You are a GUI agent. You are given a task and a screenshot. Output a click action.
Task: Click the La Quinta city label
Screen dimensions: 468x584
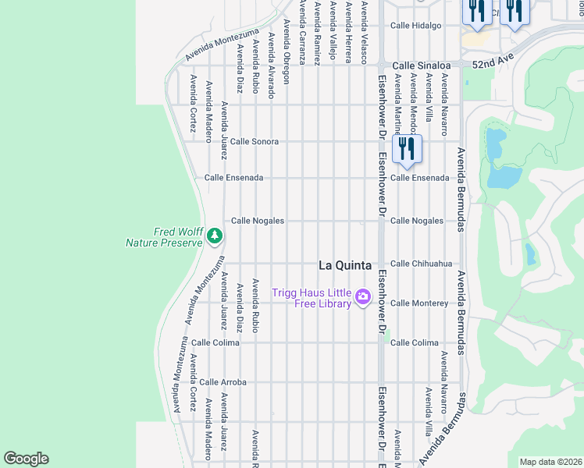[344, 264]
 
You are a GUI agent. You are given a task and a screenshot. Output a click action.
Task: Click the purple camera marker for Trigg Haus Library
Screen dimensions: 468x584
[362, 297]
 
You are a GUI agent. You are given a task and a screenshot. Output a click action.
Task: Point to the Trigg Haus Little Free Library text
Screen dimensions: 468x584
[312, 298]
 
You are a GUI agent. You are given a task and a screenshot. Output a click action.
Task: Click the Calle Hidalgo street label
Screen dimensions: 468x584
[416, 25]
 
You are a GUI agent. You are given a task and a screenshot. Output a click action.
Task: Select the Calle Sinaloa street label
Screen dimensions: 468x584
[421, 66]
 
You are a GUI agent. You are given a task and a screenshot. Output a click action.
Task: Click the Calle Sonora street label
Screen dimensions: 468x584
[254, 142]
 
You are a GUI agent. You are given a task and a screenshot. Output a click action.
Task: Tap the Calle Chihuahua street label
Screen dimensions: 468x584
[421, 264]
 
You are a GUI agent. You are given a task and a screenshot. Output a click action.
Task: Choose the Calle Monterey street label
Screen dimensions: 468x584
[418, 303]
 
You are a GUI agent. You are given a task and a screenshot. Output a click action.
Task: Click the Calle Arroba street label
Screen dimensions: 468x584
[223, 382]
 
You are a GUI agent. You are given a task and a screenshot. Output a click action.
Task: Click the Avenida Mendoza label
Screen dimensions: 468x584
[413, 105]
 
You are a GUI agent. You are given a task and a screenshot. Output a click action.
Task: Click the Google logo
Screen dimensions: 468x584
[26, 459]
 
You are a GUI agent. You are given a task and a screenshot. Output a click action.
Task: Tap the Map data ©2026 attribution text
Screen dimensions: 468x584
[550, 462]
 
